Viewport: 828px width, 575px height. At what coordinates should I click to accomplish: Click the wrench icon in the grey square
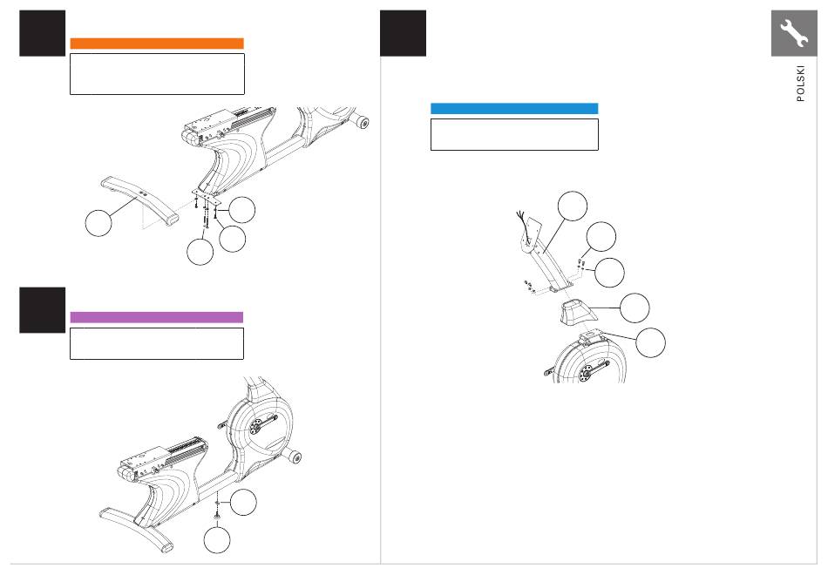tap(794, 33)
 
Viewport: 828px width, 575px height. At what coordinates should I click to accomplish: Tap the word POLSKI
tap(800, 84)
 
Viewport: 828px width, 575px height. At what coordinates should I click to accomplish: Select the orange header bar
tap(157, 44)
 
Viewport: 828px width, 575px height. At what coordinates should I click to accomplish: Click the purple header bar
tap(157, 317)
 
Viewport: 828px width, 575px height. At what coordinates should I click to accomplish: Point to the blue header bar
tap(514, 109)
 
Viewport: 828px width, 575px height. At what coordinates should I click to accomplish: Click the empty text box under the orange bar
tap(158, 74)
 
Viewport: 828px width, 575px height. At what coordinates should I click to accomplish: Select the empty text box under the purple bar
tap(157, 344)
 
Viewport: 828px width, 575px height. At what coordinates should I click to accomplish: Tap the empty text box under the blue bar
tap(514, 135)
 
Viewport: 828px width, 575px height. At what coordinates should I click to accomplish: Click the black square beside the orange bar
tap(42, 33)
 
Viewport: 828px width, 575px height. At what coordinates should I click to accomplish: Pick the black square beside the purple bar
tap(42, 310)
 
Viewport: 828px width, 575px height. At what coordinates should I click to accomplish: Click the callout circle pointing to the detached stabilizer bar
tap(98, 223)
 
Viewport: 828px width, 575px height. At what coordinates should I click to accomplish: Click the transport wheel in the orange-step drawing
tap(363, 122)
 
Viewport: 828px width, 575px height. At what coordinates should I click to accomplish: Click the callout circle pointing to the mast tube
tap(573, 206)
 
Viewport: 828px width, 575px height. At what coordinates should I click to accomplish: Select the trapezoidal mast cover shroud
tap(578, 312)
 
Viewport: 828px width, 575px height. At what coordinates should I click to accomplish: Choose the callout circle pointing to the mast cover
tap(635, 308)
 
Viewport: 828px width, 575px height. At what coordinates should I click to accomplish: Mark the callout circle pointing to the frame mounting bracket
tap(650, 342)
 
